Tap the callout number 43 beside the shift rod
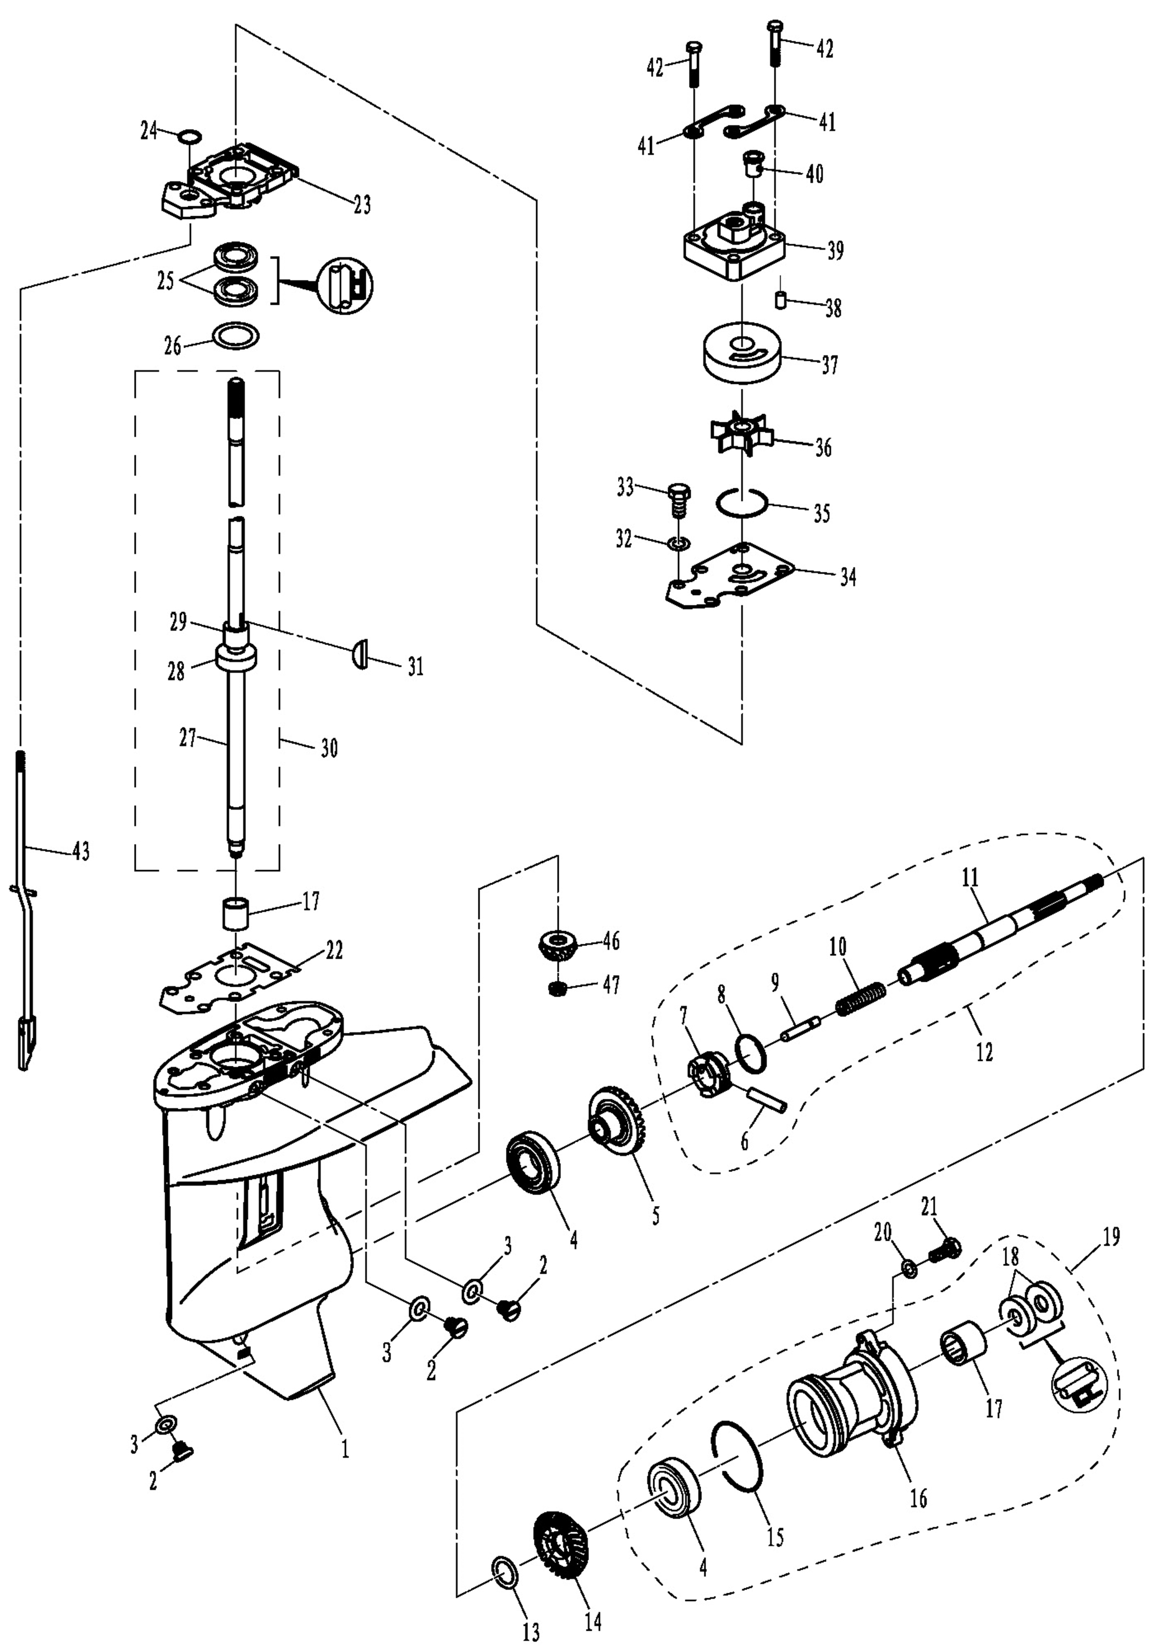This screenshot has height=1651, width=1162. [81, 851]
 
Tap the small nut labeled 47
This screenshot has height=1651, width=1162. [556, 989]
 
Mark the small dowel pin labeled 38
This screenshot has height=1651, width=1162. [781, 299]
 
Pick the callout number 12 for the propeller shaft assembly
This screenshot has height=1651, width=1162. [984, 1052]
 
